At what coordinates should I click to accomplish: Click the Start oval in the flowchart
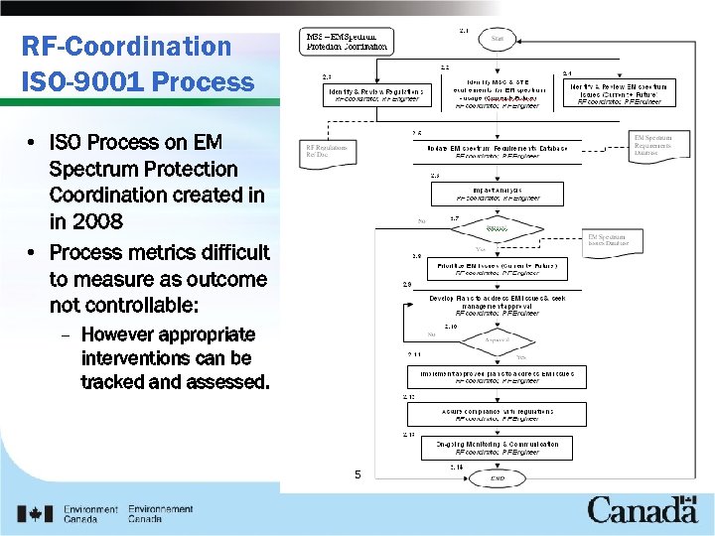(497, 39)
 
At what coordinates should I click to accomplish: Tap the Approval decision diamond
(497, 340)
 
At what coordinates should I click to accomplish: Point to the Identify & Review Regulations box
(376, 94)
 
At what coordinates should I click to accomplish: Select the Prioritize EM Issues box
(497, 269)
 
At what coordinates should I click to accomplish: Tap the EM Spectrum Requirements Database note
(658, 146)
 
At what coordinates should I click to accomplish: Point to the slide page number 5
(357, 474)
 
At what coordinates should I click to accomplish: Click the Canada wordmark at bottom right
(642, 511)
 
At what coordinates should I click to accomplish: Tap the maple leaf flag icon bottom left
(37, 514)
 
